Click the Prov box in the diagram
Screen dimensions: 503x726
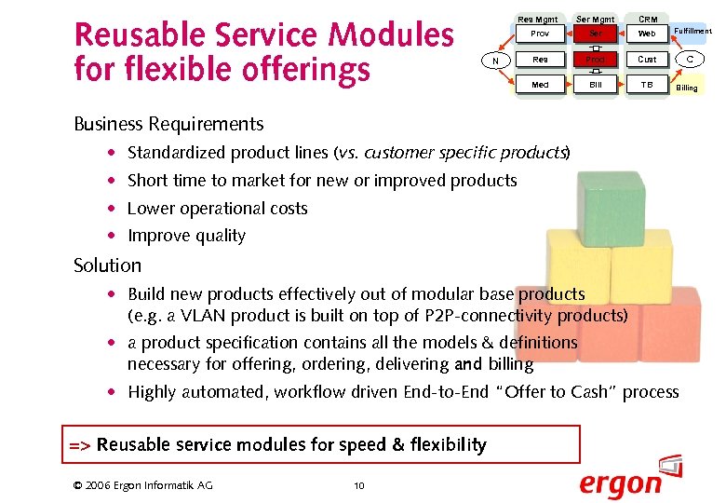pos(539,34)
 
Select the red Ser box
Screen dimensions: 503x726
pos(596,34)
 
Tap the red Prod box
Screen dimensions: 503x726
pos(596,60)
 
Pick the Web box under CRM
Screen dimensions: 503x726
pos(647,34)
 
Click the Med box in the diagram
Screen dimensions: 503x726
pos(539,85)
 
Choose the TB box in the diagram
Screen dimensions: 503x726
pos(647,85)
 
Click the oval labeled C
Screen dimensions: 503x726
pos(690,60)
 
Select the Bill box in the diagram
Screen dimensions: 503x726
pos(596,85)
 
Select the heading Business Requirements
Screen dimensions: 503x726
pos(168,124)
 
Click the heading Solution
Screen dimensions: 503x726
pos(107,265)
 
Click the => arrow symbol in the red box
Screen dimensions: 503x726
pos(79,445)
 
